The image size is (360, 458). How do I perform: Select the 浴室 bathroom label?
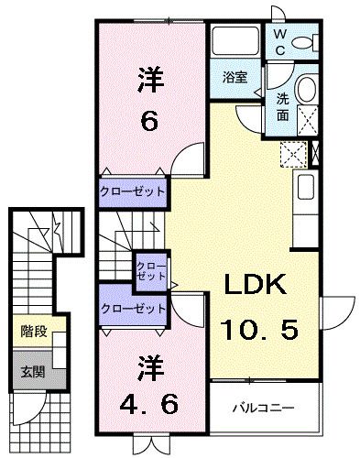(235, 78)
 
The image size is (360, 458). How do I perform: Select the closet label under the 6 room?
(133, 192)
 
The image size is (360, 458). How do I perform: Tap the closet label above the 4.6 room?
(133, 309)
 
